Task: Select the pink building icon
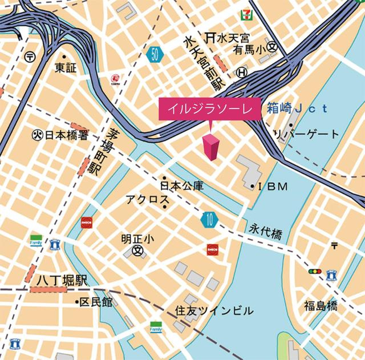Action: coord(211,147)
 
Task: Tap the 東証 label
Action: coord(64,68)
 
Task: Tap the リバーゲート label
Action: coord(306,135)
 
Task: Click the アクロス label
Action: coord(147,200)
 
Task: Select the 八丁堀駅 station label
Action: coord(56,281)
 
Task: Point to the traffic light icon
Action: coord(315,272)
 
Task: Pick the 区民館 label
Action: coord(95,302)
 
